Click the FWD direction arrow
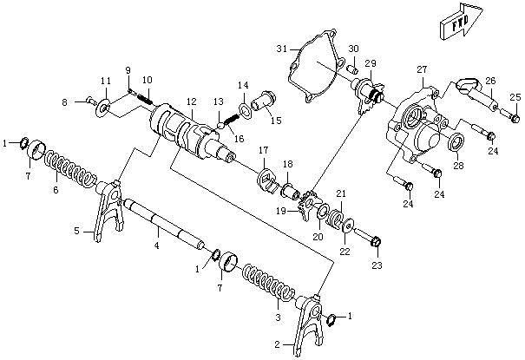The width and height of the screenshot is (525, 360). [x=462, y=22]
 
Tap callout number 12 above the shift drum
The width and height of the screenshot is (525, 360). [x=192, y=101]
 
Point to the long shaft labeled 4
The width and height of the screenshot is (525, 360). [x=164, y=224]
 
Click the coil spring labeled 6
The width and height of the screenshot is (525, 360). [x=69, y=170]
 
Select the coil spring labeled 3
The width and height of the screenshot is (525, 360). [x=269, y=282]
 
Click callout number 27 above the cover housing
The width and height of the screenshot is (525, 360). [x=423, y=69]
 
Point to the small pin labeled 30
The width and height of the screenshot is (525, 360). [x=353, y=69]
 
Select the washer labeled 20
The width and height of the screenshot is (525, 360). [x=323, y=212]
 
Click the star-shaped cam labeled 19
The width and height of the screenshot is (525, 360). [x=308, y=205]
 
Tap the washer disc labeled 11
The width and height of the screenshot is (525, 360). [x=104, y=108]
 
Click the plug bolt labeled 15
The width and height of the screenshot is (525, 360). [x=264, y=101]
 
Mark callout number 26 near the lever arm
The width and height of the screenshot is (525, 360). [x=490, y=81]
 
